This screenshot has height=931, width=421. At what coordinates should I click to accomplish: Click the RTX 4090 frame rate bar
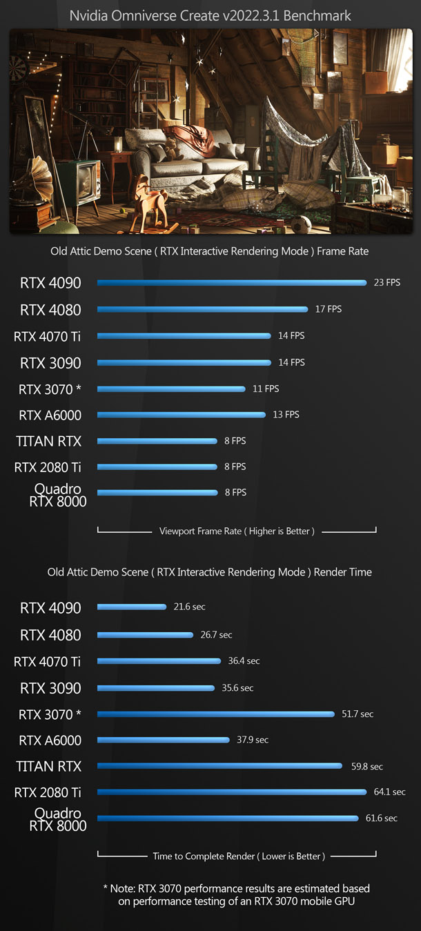(231, 282)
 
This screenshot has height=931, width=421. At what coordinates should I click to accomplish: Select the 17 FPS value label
(329, 309)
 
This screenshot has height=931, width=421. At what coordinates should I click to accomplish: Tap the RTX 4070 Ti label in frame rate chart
(48, 336)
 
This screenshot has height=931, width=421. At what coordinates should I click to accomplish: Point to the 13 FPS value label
(286, 415)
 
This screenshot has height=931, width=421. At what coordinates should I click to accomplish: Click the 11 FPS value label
(266, 389)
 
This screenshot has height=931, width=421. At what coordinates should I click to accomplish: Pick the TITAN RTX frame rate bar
(157, 440)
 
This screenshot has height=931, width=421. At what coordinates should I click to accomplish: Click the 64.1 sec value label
(389, 792)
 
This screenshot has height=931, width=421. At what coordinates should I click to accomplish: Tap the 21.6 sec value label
(189, 607)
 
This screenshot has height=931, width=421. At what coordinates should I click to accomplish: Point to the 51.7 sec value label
(358, 714)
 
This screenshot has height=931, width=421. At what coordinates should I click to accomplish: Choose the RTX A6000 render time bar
(164, 740)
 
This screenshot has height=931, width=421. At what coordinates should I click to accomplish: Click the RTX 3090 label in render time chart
(50, 688)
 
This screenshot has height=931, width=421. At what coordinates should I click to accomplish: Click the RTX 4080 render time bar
(146, 634)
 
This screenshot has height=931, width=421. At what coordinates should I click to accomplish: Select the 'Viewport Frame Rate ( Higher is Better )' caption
(237, 531)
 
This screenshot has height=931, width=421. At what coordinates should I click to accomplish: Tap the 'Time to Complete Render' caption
(237, 856)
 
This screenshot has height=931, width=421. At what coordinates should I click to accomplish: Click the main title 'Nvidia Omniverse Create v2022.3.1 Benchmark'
(210, 15)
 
